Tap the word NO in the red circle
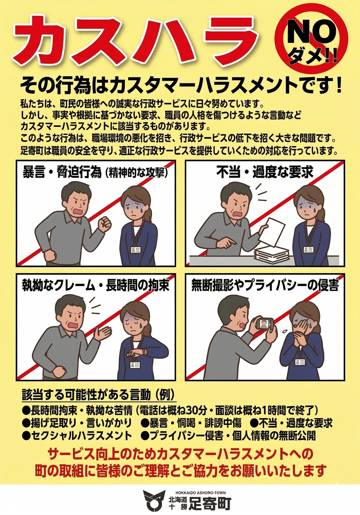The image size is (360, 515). pos(311,32)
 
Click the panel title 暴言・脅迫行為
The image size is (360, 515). pos(62,172)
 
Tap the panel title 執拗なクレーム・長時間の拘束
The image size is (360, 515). pos(96,286)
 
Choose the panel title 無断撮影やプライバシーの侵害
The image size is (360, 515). pos(265,286)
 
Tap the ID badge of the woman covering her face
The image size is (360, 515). pos(300,362)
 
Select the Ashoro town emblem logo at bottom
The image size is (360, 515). pos(154,500)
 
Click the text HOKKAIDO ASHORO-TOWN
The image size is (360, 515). pos(201,493)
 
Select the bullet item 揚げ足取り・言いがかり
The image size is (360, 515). pos(77,423)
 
